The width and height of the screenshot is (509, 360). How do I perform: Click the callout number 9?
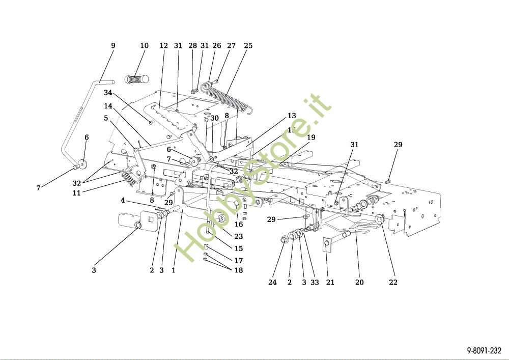[x=113, y=46]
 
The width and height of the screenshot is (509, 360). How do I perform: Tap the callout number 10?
[x=144, y=46]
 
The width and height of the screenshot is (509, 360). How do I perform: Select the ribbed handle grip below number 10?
[x=136, y=79]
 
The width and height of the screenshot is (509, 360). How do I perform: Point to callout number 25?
[x=248, y=46]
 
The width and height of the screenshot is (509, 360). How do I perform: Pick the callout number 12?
[x=163, y=46]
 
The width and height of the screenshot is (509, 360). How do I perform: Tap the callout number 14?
[x=108, y=106]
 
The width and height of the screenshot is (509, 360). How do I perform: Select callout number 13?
[x=291, y=116]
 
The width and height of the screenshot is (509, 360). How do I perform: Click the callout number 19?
[x=311, y=137]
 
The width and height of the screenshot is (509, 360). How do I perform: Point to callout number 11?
[x=77, y=193]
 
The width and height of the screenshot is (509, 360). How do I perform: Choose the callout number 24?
[x=272, y=283]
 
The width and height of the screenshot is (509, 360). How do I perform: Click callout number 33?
[x=315, y=283]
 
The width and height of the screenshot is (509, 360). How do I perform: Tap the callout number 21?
[x=330, y=283]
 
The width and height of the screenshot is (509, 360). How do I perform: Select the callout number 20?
[x=359, y=283]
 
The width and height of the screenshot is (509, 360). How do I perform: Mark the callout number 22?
[x=393, y=283]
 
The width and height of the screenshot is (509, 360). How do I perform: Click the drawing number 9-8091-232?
[x=483, y=351]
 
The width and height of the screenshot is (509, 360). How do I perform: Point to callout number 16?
[x=239, y=225]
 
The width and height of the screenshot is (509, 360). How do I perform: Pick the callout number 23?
[x=239, y=236]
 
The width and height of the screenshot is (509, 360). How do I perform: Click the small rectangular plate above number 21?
[x=327, y=244]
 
